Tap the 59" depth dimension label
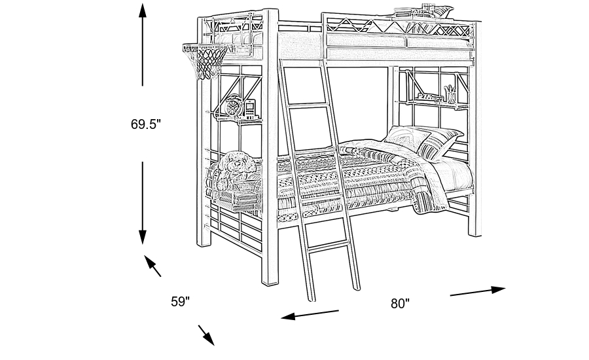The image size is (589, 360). pyautogui.click(x=180, y=302)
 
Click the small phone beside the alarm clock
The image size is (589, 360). pyautogui.click(x=249, y=107)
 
